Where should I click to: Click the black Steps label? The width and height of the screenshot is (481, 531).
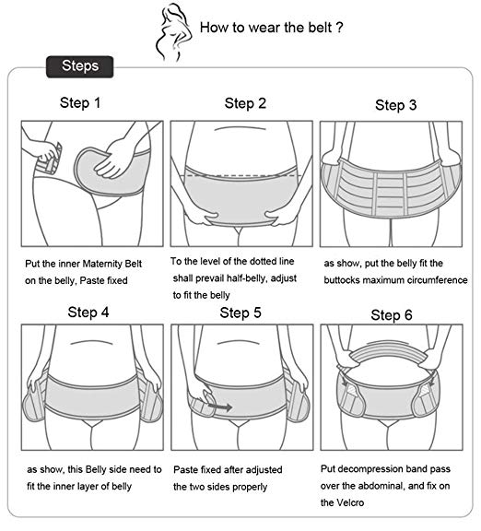point(80,66)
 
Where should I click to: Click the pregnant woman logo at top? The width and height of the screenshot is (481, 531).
point(173,32)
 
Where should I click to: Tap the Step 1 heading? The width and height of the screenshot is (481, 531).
point(80,102)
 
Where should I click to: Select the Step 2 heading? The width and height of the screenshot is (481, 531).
point(245,103)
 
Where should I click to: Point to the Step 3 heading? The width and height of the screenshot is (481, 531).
point(395,105)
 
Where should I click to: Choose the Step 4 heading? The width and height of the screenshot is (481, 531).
point(88,313)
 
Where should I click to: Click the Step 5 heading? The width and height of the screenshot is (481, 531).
point(240,313)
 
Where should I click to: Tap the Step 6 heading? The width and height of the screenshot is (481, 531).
point(392,315)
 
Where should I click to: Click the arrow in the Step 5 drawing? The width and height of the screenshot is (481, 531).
point(219,407)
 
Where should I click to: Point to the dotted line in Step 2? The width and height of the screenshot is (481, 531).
point(243,175)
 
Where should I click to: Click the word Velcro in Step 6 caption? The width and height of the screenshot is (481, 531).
point(350,502)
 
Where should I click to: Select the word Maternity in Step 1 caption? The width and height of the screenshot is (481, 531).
point(102,264)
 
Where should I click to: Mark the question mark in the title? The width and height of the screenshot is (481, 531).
point(339,27)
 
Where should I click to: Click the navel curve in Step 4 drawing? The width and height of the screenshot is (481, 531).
point(91,342)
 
